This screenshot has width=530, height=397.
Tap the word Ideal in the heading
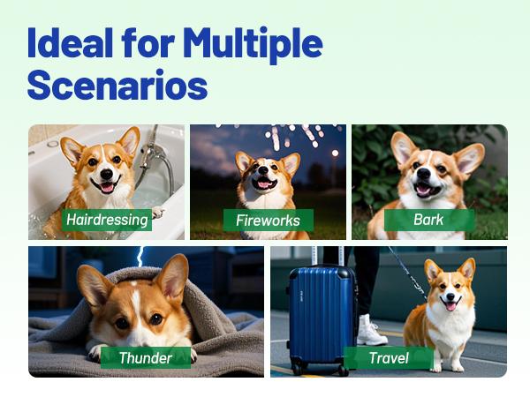click(70, 42)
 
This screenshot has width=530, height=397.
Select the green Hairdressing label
click(107, 220)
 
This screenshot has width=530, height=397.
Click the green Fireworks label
click(268, 220)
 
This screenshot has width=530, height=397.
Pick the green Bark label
click(428, 220)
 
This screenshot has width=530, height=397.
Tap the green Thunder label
click(146, 357)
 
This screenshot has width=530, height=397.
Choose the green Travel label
click(389, 357)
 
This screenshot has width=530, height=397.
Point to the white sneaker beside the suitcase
click(371, 331)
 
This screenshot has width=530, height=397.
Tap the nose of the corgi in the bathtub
click(107, 174)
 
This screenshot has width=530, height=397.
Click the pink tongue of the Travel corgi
click(450, 306)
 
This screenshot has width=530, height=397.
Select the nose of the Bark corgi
click(423, 173)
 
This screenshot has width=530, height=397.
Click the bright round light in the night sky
click(335, 154)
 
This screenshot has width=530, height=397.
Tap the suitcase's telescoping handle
click(327, 256)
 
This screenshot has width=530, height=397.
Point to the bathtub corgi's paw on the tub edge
click(158, 213)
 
